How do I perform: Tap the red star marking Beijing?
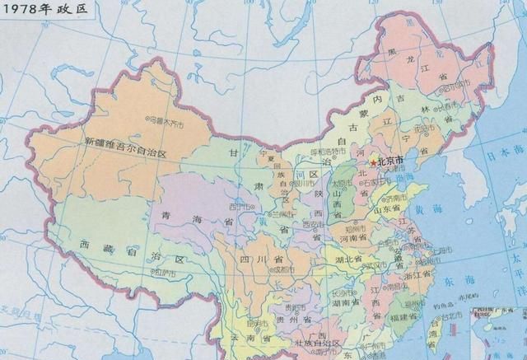point(372,163)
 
